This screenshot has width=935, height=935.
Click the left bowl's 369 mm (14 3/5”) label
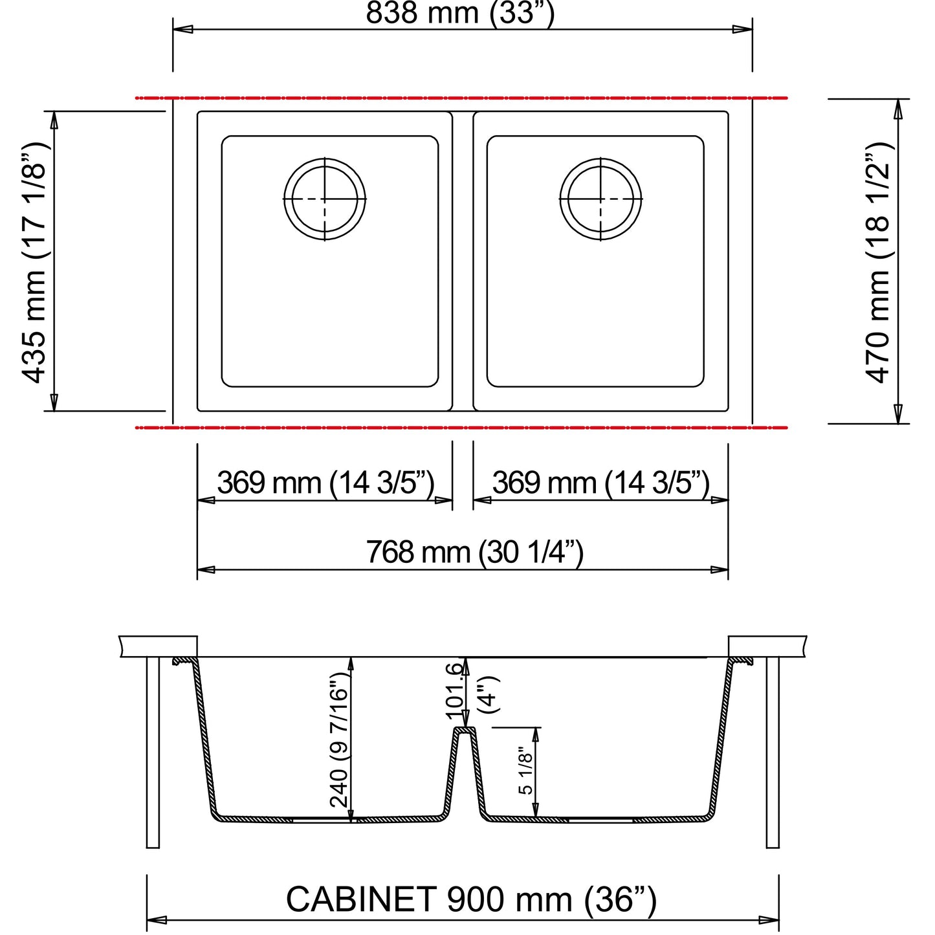click(x=325, y=483)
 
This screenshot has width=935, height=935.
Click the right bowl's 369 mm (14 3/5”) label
click(x=600, y=483)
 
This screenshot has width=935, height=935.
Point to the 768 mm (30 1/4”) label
click(x=474, y=553)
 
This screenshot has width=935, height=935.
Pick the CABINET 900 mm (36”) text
click(x=470, y=899)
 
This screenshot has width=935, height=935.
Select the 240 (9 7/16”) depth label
click(x=339, y=740)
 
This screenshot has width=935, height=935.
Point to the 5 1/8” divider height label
click(x=525, y=770)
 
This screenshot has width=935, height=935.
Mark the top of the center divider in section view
click(x=465, y=729)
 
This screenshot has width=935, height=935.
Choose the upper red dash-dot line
click(x=461, y=98)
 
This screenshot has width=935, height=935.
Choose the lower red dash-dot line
click(x=461, y=428)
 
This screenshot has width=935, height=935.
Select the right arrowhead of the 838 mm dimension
click(x=743, y=29)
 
